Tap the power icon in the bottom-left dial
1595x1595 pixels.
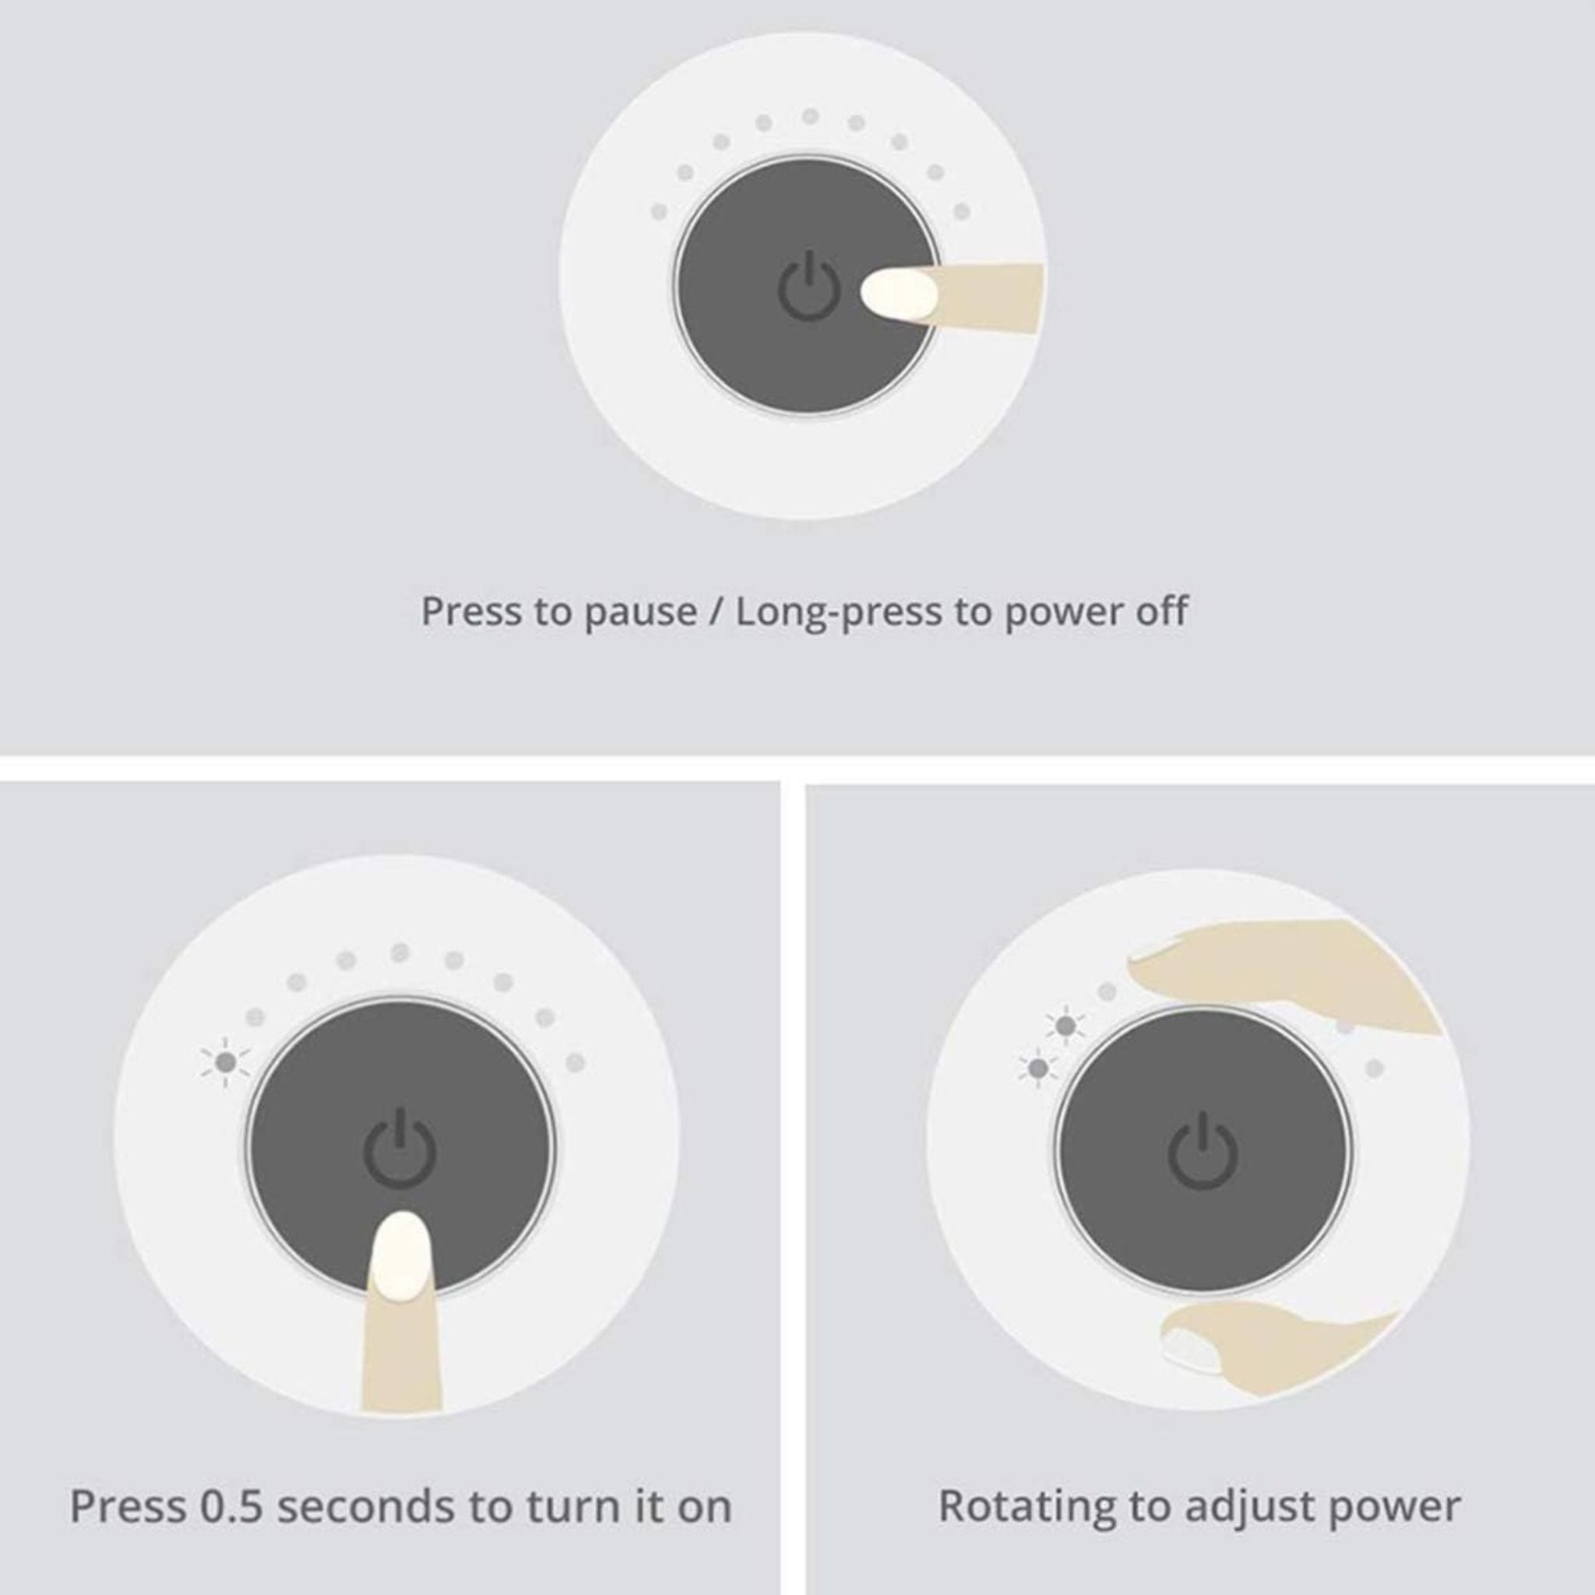pos(400,1150)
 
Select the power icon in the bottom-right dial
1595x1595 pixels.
pos(1202,1151)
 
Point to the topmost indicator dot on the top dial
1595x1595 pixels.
pos(811,116)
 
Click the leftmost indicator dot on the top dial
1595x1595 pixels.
pos(659,211)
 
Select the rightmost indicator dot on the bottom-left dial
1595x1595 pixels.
pos(576,1062)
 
